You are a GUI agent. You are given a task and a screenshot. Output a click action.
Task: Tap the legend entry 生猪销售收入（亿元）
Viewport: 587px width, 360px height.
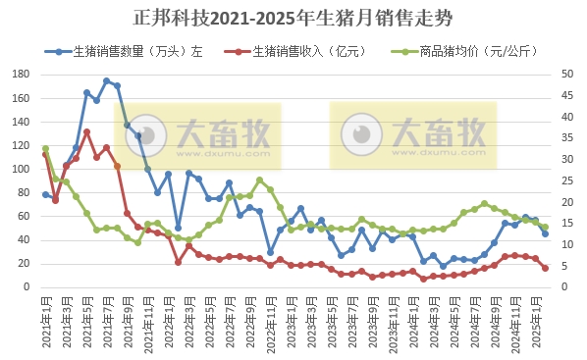pyautogui.click(x=302, y=51)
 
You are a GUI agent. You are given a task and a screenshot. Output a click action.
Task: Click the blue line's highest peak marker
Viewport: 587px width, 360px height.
pyautogui.click(x=106, y=81)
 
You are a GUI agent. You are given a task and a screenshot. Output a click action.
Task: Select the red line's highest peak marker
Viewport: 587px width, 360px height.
pyautogui.click(x=86, y=132)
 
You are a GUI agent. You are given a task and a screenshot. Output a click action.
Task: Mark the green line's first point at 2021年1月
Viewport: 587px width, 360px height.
pyautogui.click(x=45, y=148)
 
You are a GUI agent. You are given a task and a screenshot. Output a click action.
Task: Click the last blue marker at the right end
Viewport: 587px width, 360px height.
pyautogui.click(x=545, y=233)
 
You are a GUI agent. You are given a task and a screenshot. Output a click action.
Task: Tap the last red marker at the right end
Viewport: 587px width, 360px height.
pyautogui.click(x=545, y=268)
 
